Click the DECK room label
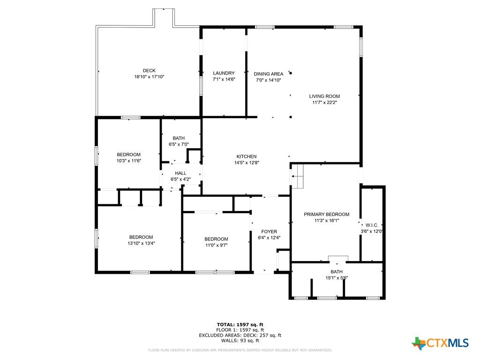click(149, 71)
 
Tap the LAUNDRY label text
click(224, 73)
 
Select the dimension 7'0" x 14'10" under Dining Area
click(269, 80)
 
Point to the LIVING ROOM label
click(324, 97)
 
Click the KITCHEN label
click(247, 157)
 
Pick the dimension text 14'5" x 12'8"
click(247, 163)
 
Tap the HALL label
click(180, 173)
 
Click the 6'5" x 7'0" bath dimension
click(179, 144)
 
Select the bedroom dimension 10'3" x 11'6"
click(129, 161)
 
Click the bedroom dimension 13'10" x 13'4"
click(141, 243)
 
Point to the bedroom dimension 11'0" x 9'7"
click(217, 245)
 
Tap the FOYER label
click(269, 232)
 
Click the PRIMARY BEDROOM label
click(327, 214)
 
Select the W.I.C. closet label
click(372, 225)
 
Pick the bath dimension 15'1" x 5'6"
click(337, 278)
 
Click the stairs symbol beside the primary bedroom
click(297, 176)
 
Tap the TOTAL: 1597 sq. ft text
click(240, 325)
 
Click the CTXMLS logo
click(440, 343)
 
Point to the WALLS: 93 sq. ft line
click(240, 340)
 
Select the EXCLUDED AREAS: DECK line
click(240, 335)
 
